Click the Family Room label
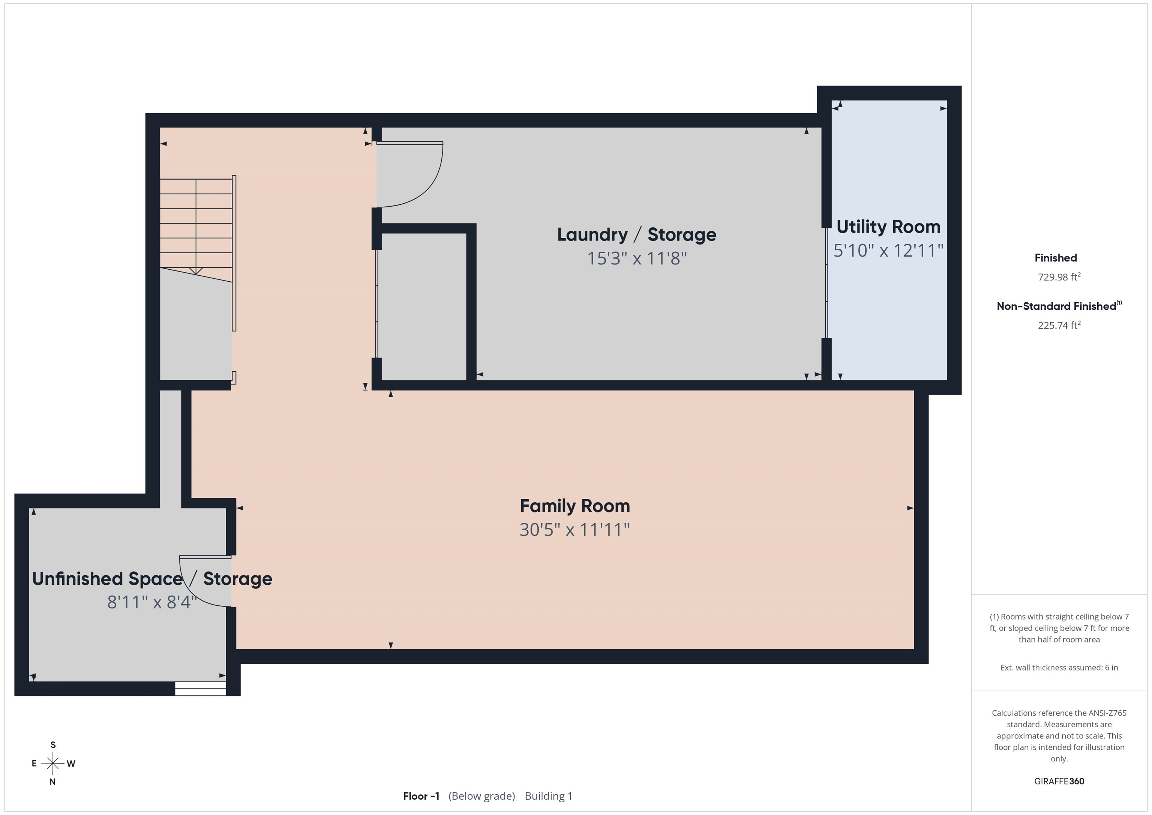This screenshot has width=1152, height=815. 574,506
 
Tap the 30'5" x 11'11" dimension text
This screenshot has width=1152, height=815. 574,530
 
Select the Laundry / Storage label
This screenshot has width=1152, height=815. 637,235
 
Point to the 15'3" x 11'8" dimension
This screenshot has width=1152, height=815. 637,258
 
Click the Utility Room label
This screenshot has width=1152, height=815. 888,227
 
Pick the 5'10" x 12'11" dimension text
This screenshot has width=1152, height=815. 888,251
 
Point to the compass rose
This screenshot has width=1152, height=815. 52,763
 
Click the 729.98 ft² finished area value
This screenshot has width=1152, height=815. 1059,276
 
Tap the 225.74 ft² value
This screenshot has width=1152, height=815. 1059,325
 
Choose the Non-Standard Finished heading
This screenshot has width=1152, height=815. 1059,306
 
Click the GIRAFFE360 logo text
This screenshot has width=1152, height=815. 1059,781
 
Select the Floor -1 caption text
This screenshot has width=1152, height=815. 421,796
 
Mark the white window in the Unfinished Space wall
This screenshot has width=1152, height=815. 200,689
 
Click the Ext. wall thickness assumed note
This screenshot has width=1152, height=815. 1059,668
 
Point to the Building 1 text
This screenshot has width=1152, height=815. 548,796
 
